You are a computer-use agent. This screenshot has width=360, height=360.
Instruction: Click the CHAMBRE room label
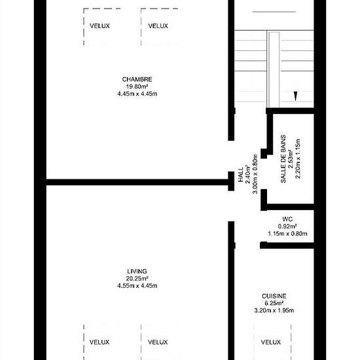point(137,79)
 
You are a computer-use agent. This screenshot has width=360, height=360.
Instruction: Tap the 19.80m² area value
point(137,86)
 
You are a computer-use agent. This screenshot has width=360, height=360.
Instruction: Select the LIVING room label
point(137,272)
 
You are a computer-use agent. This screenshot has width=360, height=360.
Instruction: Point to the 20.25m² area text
point(137,278)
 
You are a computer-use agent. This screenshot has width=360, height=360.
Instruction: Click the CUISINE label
point(274,296)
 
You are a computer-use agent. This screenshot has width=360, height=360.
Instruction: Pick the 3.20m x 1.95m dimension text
point(274,310)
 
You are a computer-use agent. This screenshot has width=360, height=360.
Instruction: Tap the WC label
point(287,219)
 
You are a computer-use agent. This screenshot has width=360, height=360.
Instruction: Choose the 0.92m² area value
point(287,226)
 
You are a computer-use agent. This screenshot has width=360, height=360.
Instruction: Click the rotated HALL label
point(241,175)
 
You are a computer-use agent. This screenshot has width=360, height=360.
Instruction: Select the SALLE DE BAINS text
point(283,159)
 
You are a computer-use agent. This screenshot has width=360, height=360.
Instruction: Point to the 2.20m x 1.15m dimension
point(298,158)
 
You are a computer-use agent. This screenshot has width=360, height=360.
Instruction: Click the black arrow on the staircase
point(295,96)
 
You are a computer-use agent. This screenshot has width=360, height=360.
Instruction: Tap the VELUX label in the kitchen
point(271,342)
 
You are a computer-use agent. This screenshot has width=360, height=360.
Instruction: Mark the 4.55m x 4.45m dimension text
point(137,286)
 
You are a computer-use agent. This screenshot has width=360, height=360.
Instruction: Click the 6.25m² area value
point(274,303)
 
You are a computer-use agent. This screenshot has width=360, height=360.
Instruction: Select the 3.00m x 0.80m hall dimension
point(255,174)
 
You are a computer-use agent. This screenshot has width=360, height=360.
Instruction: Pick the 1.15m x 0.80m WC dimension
point(287,234)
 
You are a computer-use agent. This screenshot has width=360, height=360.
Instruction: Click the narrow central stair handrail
point(274,70)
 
